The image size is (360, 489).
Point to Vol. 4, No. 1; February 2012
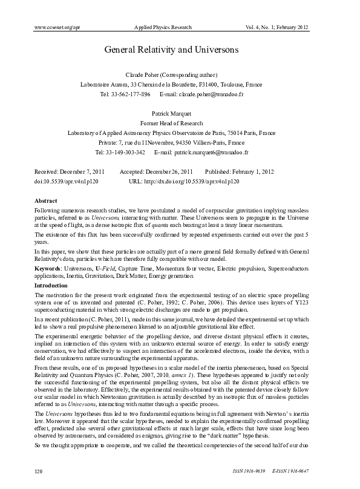278,27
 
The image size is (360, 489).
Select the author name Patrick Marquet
180,113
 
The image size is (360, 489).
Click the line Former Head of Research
180,123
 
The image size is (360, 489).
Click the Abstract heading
46,200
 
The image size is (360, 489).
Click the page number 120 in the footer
39,470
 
